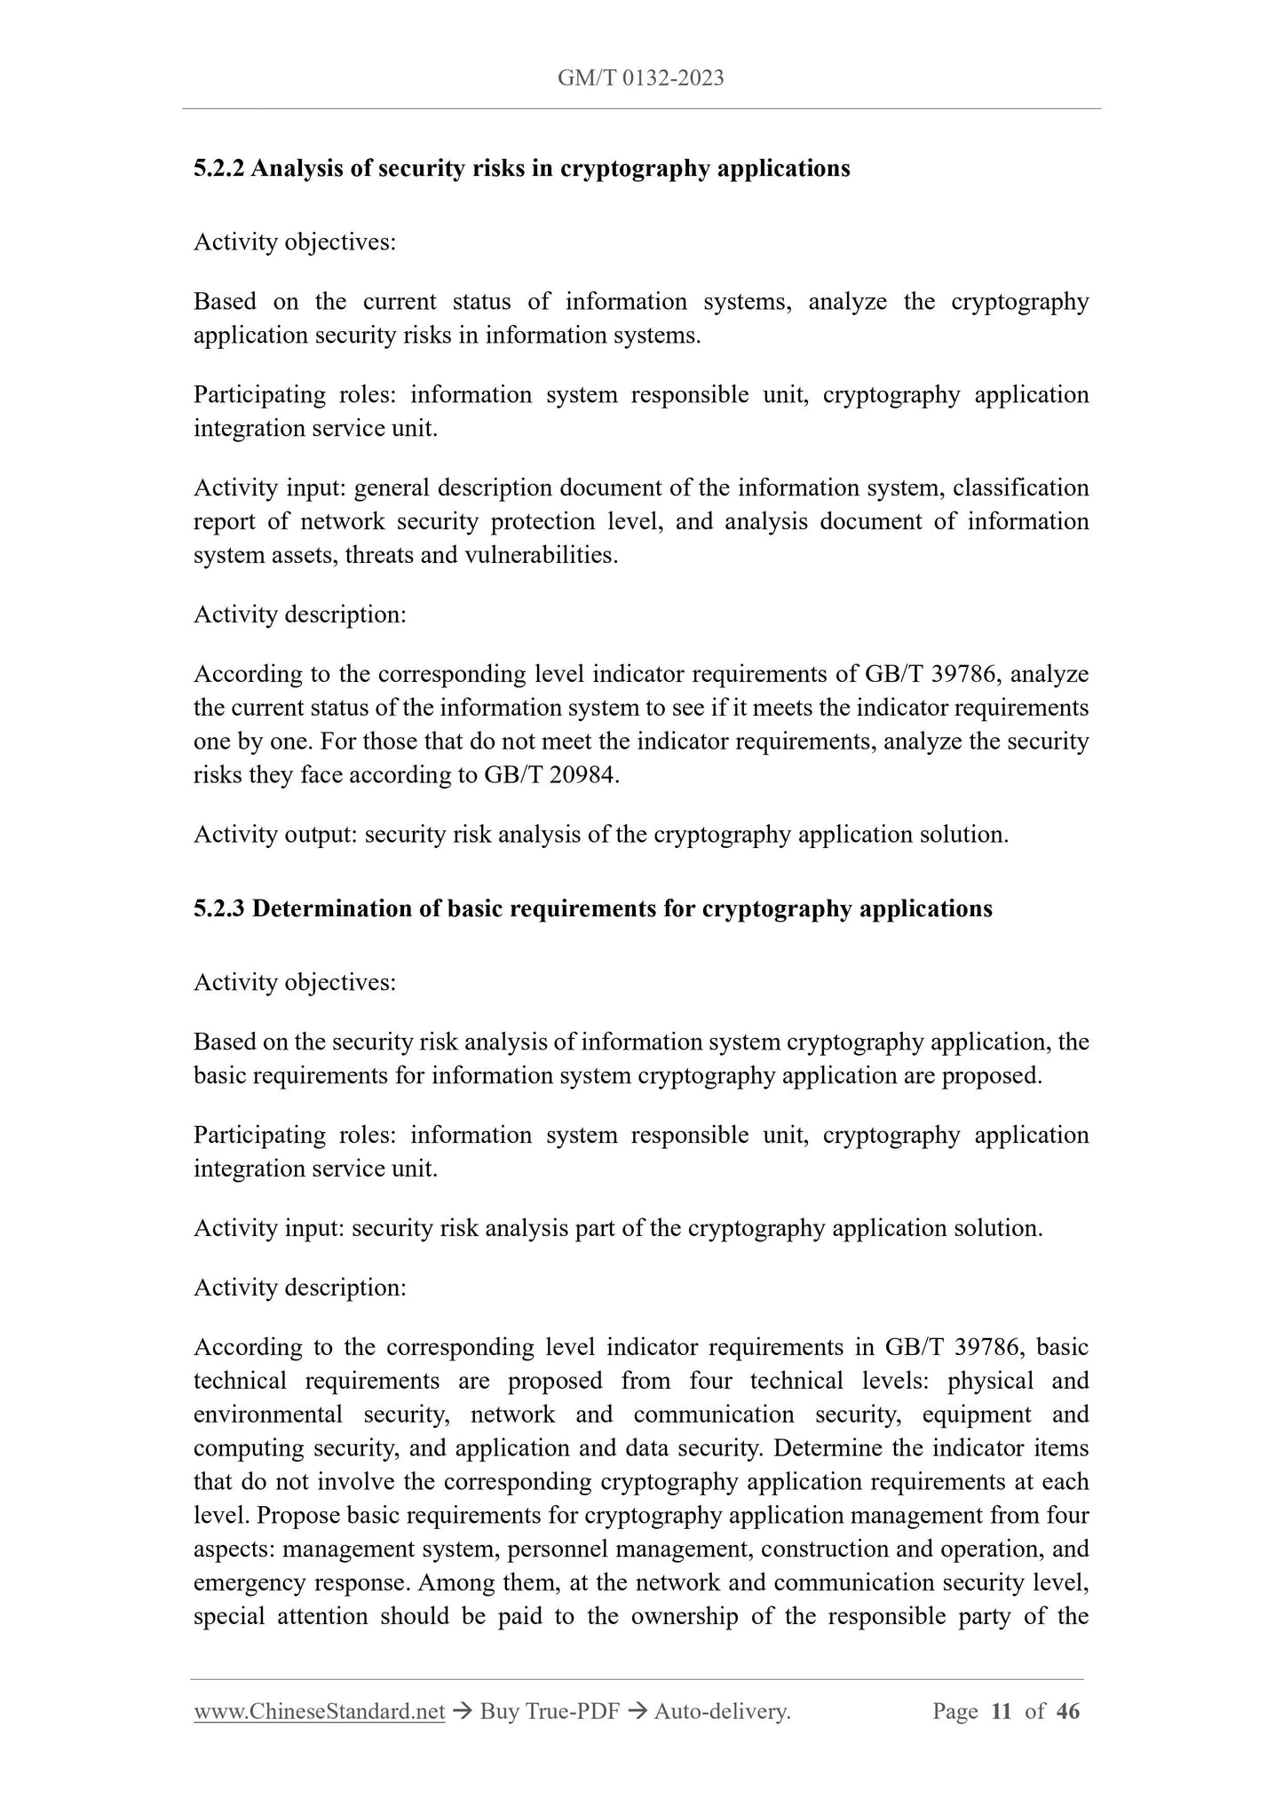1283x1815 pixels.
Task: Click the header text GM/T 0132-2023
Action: pyautogui.click(x=640, y=78)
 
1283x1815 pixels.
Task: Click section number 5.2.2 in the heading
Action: pyautogui.click(x=218, y=168)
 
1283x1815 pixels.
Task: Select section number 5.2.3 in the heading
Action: pyautogui.click(x=218, y=908)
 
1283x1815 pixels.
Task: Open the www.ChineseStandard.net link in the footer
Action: pyautogui.click(x=319, y=1711)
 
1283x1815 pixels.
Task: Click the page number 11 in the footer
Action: pyautogui.click(x=1001, y=1711)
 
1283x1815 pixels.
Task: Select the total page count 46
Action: pyautogui.click(x=1068, y=1711)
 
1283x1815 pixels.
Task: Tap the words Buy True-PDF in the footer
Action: pyautogui.click(x=548, y=1711)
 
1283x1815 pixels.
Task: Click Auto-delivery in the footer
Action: pyautogui.click(x=721, y=1711)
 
